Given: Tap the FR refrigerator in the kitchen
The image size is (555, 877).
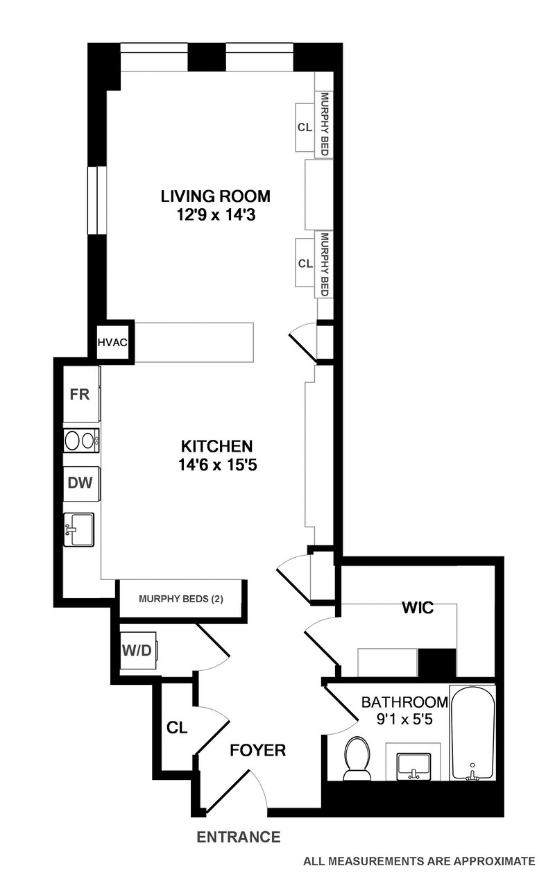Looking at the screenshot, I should (81, 395).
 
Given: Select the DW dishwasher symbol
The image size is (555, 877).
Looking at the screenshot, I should (81, 483).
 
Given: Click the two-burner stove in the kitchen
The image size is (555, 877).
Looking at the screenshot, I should (81, 441).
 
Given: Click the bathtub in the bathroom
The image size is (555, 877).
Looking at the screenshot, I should (472, 733).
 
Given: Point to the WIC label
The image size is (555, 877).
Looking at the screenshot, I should (418, 608).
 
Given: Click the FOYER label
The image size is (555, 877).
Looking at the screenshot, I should (258, 750).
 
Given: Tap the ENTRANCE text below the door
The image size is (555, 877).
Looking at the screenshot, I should (239, 837).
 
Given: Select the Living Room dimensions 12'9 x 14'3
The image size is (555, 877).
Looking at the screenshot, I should (215, 214).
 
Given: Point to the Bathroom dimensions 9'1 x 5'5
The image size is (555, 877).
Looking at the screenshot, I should (397, 720).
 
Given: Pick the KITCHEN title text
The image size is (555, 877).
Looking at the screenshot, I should (216, 445).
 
